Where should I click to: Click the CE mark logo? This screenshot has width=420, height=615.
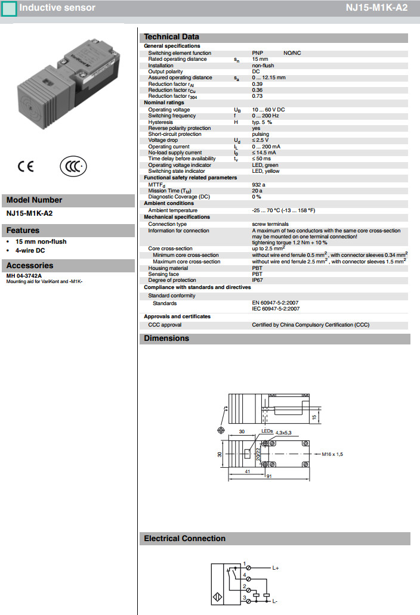point(26,166)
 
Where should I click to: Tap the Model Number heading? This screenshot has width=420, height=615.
point(34,200)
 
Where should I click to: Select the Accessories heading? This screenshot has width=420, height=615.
point(30,266)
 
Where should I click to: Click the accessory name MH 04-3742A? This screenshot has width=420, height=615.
point(24,276)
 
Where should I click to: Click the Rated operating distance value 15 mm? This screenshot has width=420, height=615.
point(260,59)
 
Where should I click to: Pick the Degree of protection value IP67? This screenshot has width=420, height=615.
point(257,280)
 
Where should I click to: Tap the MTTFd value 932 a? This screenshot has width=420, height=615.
point(259,185)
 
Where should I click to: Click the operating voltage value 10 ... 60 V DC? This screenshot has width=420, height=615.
point(268,110)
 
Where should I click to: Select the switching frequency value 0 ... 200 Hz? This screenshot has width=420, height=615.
point(265,116)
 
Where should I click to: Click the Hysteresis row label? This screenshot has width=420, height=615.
point(160,122)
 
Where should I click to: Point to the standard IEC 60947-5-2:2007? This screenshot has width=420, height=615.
point(276,309)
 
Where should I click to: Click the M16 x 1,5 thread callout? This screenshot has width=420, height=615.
point(333,454)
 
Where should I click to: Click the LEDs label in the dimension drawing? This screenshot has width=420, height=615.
point(267,430)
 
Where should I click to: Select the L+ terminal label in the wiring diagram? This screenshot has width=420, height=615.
point(276,568)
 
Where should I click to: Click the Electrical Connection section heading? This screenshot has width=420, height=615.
point(185,538)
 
